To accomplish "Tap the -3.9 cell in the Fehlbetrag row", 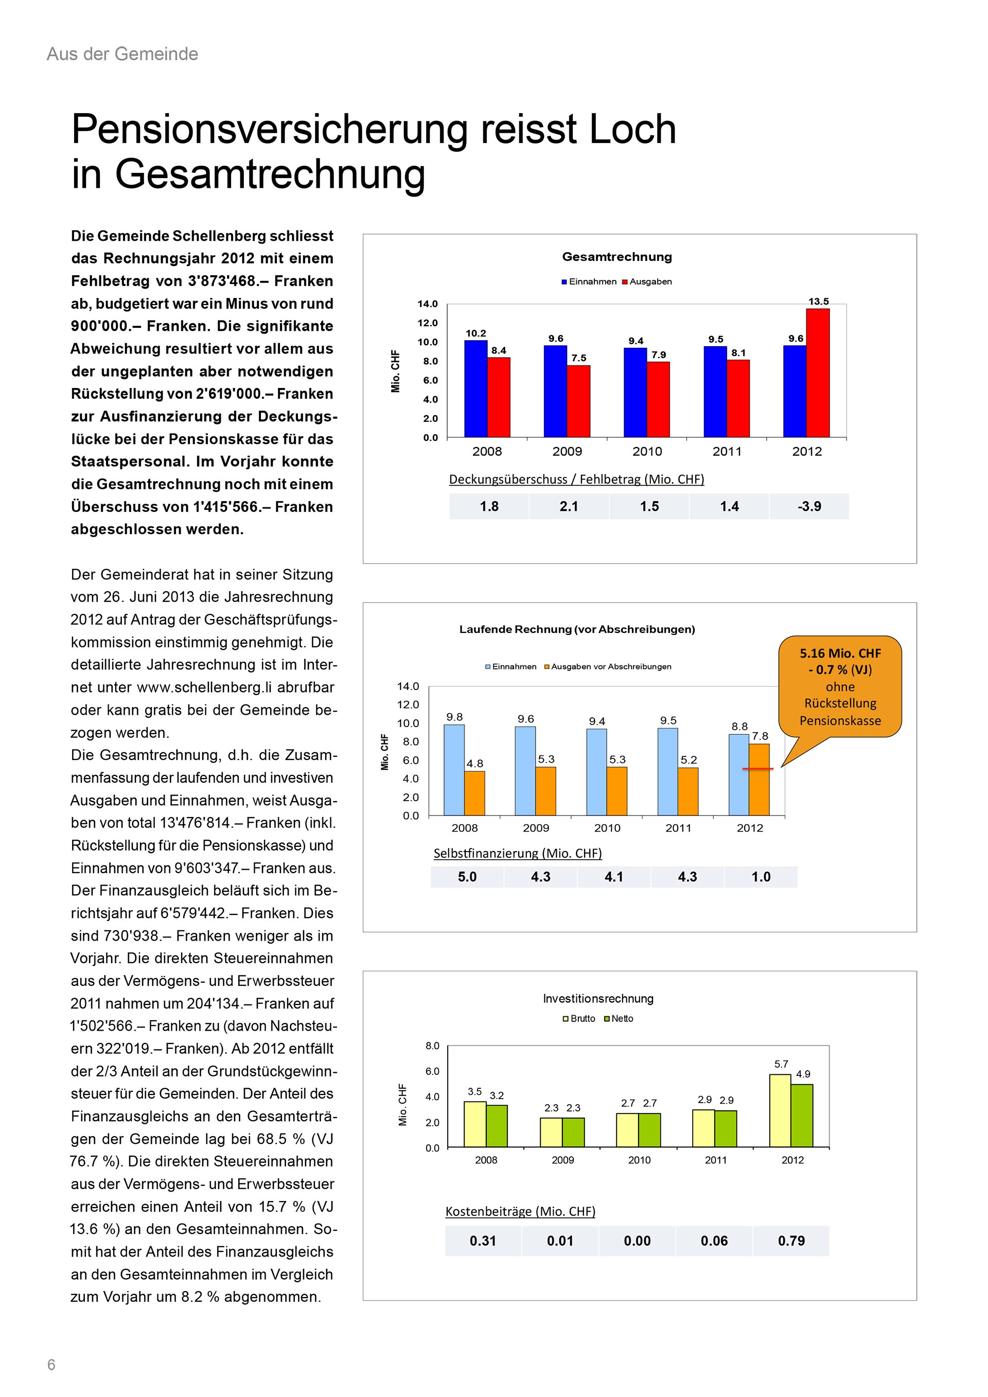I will point(809,506).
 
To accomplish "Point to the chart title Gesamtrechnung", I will point(617,257).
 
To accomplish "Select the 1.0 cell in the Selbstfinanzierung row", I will point(761,877).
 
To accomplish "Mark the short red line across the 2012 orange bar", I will point(757,769).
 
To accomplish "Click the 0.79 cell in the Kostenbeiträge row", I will point(791,1241).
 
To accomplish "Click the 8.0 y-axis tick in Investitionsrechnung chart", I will point(432,1046).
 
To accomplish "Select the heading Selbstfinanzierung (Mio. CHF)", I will point(518,853).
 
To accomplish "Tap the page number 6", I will point(51,1365).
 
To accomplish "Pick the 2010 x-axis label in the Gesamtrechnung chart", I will point(647,451).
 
